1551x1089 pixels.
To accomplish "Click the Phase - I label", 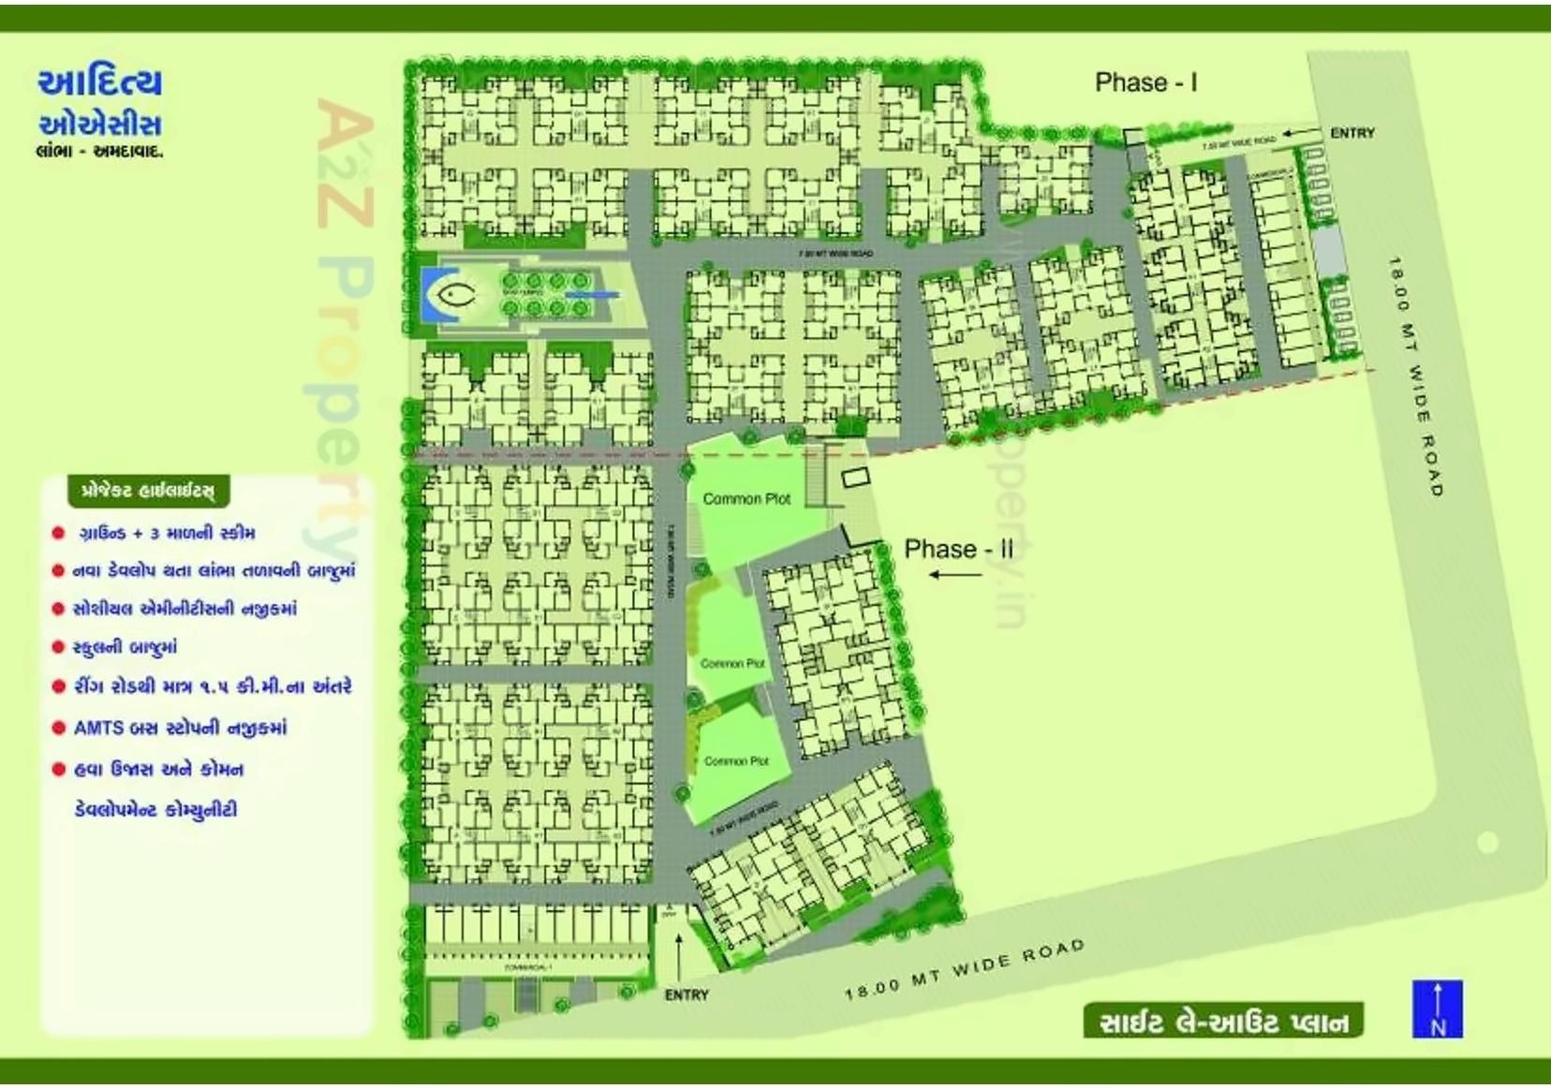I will point(1145,82).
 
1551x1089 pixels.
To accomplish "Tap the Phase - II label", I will point(958,549).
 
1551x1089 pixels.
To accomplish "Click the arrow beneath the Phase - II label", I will point(954,574).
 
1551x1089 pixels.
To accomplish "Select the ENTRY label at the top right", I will point(1352,133).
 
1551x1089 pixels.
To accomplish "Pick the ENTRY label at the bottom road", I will point(687,994).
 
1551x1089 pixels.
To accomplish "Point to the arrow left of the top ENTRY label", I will point(1301,133).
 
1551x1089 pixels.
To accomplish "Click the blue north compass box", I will point(1437,1008).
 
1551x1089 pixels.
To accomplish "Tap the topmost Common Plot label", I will point(746,499).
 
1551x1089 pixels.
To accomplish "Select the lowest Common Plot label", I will point(736,761).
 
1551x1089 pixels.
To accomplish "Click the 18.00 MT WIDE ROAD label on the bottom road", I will point(965,969).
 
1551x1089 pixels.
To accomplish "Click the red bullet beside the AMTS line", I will point(58,728).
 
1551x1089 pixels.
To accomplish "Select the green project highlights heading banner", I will point(148,490).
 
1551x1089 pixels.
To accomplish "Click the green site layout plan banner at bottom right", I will point(1223,1021).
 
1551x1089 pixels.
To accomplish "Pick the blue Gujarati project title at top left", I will point(100,103).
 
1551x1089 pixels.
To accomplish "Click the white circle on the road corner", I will point(1487,842).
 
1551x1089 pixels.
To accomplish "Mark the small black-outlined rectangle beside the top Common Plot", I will point(854,478).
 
